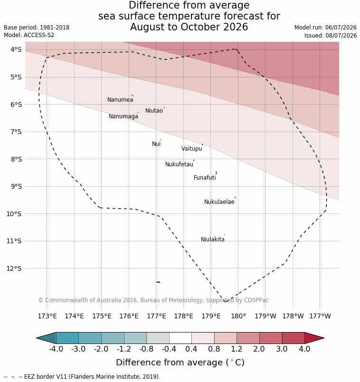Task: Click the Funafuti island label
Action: click(x=205, y=178)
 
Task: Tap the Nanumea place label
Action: click(x=120, y=100)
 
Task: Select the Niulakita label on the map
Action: click(x=213, y=239)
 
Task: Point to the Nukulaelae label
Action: click(x=219, y=202)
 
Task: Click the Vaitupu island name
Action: click(x=192, y=149)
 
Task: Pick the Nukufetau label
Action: click(x=179, y=164)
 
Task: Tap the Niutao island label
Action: click(x=154, y=111)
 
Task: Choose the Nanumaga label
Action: click(x=123, y=116)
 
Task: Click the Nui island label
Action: click(x=156, y=144)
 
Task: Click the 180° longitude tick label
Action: click(x=238, y=316)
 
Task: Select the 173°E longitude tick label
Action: click(x=47, y=316)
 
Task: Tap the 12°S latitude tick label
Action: click(x=14, y=268)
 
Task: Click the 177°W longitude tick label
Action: click(x=320, y=316)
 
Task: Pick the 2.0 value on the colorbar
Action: click(x=259, y=349)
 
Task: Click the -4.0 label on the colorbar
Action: click(x=56, y=349)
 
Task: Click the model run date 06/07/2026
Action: click(x=341, y=28)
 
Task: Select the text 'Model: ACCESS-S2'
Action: click(x=29, y=35)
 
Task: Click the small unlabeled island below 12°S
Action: click(x=158, y=282)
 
